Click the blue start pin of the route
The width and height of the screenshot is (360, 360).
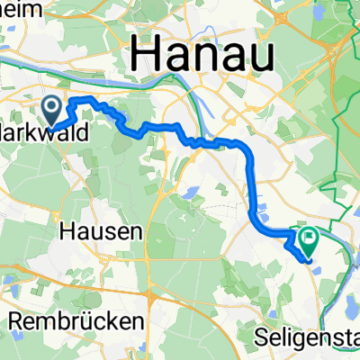53,110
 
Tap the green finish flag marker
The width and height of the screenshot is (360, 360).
310,239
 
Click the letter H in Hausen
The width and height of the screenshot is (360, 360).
66,231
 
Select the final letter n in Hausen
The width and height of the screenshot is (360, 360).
135,232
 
